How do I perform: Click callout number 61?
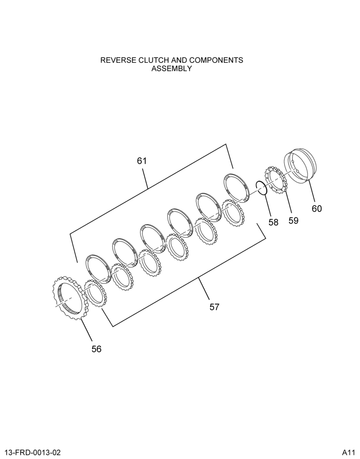point(142,161)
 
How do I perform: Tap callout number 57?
point(214,307)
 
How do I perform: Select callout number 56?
point(96,349)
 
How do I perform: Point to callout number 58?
point(274,222)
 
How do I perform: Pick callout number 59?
point(293,220)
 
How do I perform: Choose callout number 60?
point(317,209)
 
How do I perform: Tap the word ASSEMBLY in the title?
point(172,69)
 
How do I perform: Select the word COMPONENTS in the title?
point(216,60)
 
